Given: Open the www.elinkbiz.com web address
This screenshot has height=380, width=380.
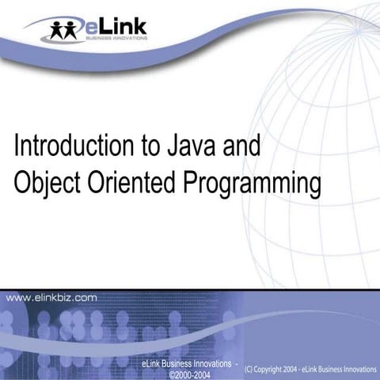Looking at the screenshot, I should (52, 298).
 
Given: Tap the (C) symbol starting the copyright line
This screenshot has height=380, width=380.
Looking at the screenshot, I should (251, 369).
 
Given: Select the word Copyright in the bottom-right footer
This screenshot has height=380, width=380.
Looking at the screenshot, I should (272, 369).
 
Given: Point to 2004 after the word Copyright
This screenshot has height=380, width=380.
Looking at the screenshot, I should (298, 369).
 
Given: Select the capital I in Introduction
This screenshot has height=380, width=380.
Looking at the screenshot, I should (17, 146).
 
